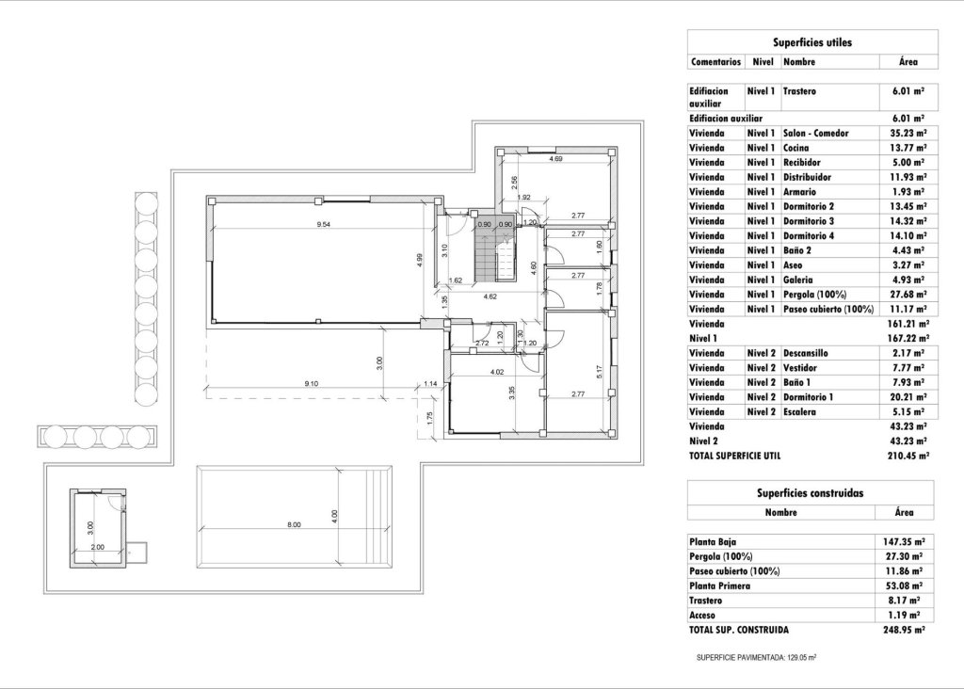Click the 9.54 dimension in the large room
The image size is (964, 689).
(x=323, y=224)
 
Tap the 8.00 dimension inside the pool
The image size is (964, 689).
(x=294, y=525)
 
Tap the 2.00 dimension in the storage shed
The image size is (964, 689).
(x=97, y=546)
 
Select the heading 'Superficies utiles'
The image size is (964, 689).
(x=811, y=42)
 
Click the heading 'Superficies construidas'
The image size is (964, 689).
(x=811, y=492)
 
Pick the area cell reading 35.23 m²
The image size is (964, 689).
(x=905, y=133)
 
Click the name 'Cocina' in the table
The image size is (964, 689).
(x=797, y=148)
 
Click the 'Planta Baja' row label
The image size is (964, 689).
(x=714, y=541)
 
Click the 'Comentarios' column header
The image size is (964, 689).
(x=716, y=61)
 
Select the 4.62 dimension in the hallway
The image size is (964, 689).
(x=490, y=297)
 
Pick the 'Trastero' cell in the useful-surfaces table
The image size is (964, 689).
(x=799, y=92)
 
